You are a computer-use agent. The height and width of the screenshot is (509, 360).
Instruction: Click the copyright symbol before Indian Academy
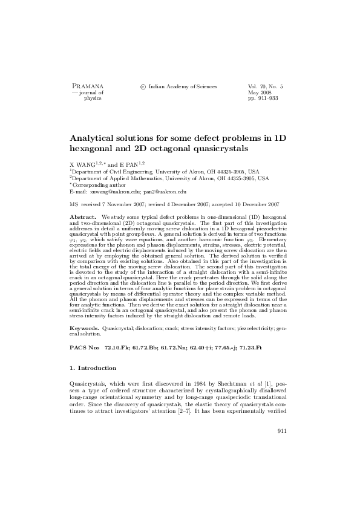(142, 87)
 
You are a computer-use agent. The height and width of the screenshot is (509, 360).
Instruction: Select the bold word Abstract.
(83, 216)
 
